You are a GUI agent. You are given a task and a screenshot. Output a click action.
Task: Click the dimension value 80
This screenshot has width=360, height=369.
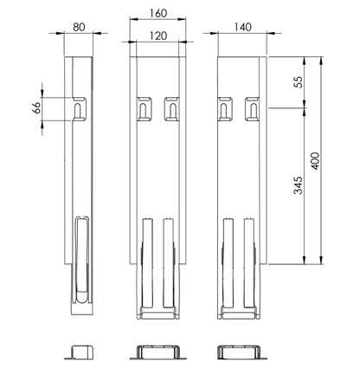(79, 27)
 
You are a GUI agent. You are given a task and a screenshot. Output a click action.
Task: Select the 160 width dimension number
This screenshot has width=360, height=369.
(158, 13)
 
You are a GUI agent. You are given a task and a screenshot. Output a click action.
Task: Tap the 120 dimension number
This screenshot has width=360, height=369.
(158, 36)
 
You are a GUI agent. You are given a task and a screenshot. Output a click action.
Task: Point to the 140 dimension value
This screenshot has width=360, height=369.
(242, 27)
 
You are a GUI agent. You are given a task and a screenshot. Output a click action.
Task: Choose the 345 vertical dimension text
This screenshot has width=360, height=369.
(298, 185)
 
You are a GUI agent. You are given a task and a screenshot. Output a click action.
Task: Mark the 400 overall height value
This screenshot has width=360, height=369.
(316, 161)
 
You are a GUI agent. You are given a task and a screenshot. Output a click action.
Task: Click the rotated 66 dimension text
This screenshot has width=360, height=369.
(37, 107)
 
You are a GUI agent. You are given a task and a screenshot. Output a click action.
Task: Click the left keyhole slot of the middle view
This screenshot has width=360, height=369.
(144, 110)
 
